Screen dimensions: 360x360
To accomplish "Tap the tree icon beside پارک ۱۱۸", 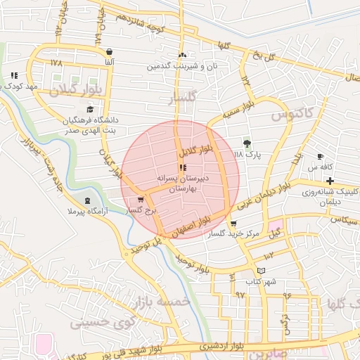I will click(x=247, y=143).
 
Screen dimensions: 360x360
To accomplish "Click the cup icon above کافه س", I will click(x=321, y=156).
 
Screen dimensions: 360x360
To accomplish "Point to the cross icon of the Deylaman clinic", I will click(x=330, y=181).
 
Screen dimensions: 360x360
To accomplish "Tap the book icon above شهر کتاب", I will click(x=262, y=271).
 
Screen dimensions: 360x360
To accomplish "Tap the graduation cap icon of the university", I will click(x=90, y=109).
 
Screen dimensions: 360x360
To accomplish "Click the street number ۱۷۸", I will click(x=57, y=63).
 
